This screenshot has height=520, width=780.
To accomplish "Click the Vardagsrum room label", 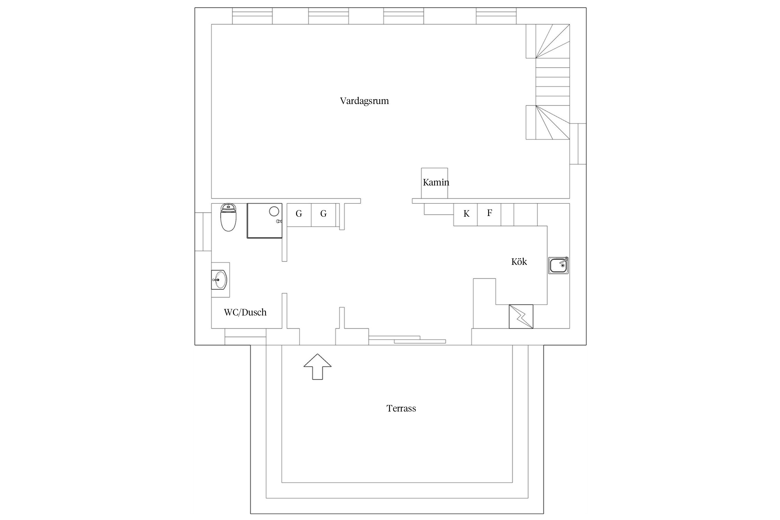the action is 364,101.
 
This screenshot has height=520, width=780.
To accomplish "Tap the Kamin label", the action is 436,182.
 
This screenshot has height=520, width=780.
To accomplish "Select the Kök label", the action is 519,261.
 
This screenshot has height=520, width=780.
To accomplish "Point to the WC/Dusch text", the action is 245,312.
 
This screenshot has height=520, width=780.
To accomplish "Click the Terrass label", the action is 401,408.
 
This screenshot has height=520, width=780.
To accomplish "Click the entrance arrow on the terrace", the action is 318,366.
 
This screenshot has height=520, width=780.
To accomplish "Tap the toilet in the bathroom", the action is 228,217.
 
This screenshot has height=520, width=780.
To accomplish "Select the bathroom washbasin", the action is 219,280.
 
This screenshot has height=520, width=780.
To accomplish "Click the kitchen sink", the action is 558,266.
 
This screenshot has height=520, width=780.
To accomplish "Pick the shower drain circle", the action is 274,211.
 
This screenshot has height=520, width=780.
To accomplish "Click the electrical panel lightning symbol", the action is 521,317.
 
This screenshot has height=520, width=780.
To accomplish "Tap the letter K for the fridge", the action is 466,214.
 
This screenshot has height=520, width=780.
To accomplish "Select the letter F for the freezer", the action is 489,213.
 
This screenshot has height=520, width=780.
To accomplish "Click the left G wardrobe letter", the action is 299,214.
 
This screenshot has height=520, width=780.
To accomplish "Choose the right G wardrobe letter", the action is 323,214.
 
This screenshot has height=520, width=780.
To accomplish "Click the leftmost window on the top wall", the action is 252,16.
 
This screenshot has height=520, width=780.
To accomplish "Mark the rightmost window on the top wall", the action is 496,16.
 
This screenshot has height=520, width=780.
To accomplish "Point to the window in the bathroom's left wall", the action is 203,232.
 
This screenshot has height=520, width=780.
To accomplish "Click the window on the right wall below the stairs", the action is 578,144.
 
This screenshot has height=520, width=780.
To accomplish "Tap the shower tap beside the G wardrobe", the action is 279,221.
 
